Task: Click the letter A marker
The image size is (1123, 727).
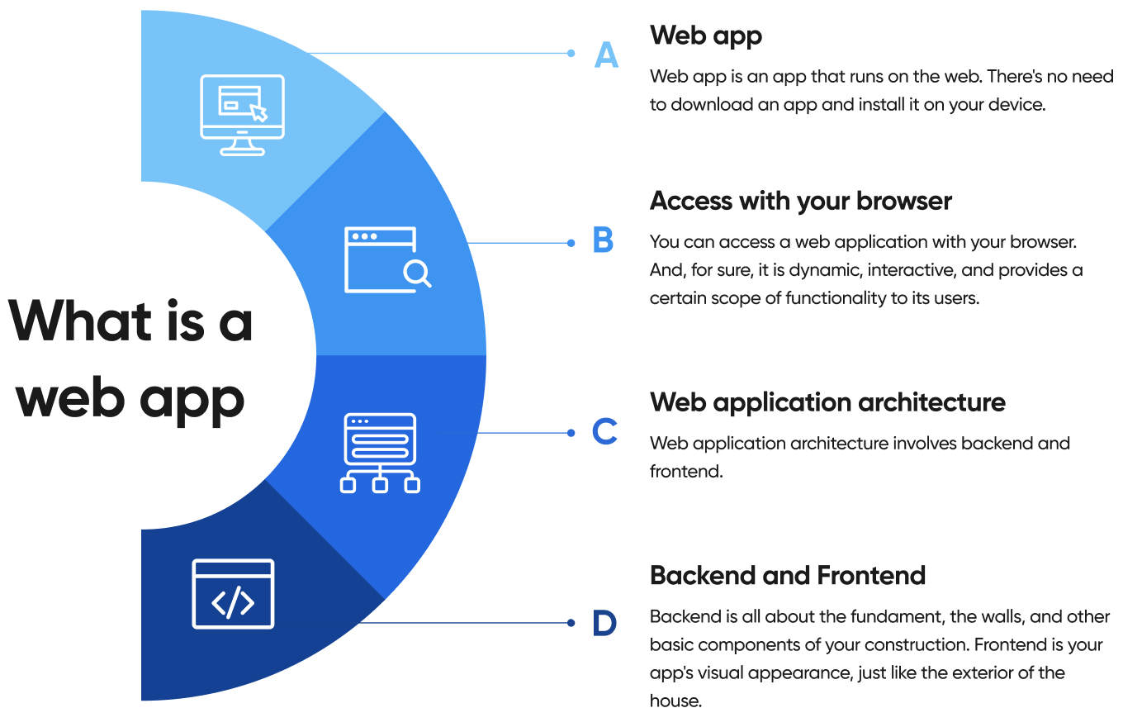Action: [x=606, y=55]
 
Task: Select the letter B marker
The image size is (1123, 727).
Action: [x=604, y=241]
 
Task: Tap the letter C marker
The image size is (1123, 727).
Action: [x=604, y=431]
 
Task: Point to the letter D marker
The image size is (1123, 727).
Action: [x=604, y=623]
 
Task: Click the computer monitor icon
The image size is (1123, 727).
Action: [x=243, y=115]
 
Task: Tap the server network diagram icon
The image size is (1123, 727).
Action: [x=380, y=453]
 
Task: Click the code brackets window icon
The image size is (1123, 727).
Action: [x=233, y=593]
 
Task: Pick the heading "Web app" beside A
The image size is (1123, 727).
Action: [x=705, y=35]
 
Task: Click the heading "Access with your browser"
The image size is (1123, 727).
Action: [x=801, y=200]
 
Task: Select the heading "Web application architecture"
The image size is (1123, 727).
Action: [x=827, y=402]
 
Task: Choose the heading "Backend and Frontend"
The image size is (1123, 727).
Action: [x=788, y=575]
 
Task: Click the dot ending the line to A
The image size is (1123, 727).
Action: [x=571, y=53]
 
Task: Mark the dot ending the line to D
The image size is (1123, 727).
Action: [x=571, y=622]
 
